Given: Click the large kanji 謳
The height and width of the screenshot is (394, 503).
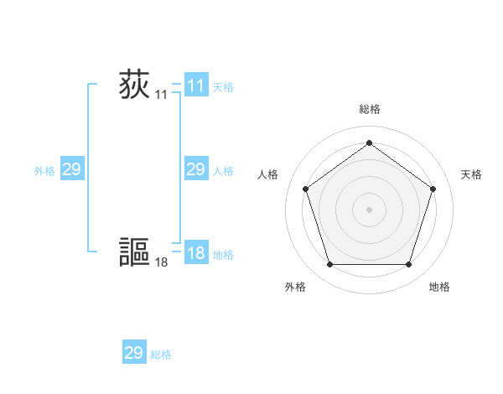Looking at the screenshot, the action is (x=134, y=251).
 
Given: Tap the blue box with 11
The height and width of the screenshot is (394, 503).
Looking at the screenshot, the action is (x=196, y=86).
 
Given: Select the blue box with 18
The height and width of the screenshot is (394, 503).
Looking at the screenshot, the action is (x=196, y=253).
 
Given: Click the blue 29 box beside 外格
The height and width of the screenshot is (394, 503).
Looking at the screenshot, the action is (x=72, y=169).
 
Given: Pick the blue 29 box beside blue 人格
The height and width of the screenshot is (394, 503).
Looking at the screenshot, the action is (x=196, y=169).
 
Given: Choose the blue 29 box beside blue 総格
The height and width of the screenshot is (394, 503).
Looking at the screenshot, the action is (x=134, y=353).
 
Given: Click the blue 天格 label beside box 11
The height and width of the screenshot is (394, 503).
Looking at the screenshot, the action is (x=223, y=87).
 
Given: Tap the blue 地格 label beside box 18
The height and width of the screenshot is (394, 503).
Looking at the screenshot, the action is (x=223, y=255).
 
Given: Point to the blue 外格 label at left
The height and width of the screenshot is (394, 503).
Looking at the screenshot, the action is (x=44, y=171).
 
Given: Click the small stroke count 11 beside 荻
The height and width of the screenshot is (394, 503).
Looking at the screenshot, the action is (x=161, y=96).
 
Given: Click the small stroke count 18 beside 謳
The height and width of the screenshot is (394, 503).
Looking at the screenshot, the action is (x=161, y=262).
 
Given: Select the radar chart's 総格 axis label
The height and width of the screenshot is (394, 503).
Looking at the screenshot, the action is (x=369, y=110).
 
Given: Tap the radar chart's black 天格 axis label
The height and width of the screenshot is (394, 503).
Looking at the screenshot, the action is (x=472, y=174).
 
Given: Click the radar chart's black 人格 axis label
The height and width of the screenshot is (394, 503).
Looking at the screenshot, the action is (x=267, y=174).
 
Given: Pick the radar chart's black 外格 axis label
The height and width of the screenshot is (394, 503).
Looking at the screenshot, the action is (x=295, y=288).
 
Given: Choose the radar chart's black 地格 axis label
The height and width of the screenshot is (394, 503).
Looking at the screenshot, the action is (x=439, y=288).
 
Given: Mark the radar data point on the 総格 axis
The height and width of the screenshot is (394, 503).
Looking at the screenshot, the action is (x=369, y=143).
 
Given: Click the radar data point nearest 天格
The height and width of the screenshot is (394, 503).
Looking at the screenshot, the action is (x=433, y=189).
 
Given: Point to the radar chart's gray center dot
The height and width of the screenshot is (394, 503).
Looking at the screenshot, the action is (x=369, y=209).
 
